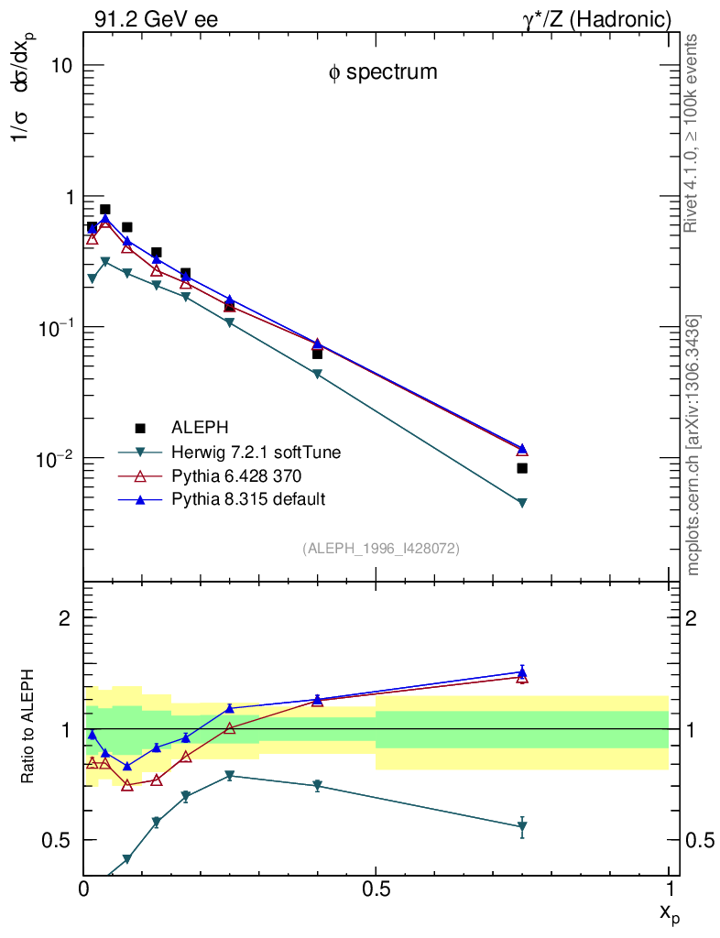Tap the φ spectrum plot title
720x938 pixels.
[383, 72]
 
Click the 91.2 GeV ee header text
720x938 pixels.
[156, 19]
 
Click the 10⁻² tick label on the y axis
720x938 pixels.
[53, 458]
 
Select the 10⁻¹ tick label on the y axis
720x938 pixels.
[53, 328]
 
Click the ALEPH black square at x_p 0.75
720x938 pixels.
[522, 468]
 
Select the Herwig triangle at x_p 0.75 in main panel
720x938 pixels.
[522, 503]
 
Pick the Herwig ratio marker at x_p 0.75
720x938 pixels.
[522, 826]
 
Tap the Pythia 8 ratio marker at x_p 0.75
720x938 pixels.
[522, 671]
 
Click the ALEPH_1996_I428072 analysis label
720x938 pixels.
[381, 548]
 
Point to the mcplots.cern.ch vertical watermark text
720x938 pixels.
[694, 445]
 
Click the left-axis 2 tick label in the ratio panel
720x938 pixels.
[64, 617]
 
